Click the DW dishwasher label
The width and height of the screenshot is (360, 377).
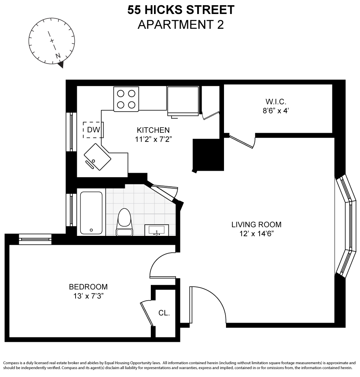point(93,130)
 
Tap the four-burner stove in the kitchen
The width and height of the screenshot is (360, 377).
point(126,99)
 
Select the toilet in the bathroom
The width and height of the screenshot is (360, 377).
point(124,222)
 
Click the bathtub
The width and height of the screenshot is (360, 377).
point(91,213)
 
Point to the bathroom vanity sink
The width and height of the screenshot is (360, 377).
point(156,230)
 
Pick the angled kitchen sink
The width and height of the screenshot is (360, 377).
point(97,157)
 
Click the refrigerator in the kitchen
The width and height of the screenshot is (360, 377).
point(183,101)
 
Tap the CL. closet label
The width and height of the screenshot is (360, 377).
point(164,313)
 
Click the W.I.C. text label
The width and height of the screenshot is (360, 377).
point(276,102)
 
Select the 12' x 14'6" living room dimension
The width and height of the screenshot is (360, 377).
point(256,234)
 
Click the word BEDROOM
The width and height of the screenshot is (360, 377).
point(88,287)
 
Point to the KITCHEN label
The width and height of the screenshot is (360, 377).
point(153,130)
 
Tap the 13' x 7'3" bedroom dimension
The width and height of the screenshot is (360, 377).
point(88,296)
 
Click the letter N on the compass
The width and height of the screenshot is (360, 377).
point(58,56)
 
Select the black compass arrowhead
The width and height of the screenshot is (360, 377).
point(61,65)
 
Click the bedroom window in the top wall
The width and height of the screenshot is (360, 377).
point(35,239)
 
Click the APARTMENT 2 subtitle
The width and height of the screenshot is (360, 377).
point(181,24)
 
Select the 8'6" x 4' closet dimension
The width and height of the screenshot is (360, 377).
point(276,111)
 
